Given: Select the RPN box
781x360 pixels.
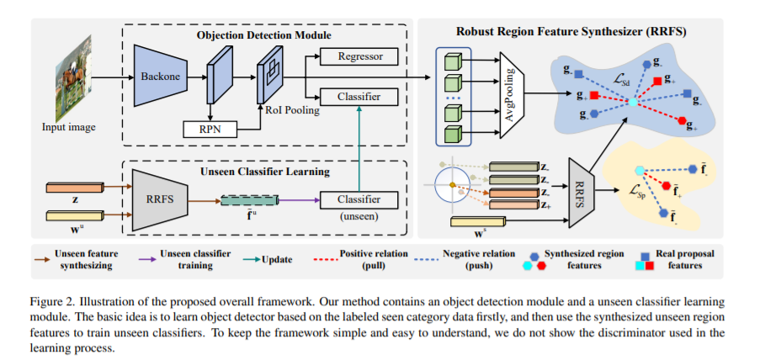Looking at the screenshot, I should (x=210, y=130).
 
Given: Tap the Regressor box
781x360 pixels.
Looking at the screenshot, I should (x=359, y=57).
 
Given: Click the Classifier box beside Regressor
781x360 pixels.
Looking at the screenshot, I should (x=359, y=97).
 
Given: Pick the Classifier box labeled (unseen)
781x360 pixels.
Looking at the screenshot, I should (x=359, y=201).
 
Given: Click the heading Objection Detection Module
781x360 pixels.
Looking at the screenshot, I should (x=264, y=35).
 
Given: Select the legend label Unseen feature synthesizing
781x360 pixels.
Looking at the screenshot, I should (x=87, y=259).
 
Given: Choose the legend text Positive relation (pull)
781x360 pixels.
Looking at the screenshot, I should (x=374, y=259).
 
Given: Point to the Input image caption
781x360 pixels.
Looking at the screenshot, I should (x=69, y=127).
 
